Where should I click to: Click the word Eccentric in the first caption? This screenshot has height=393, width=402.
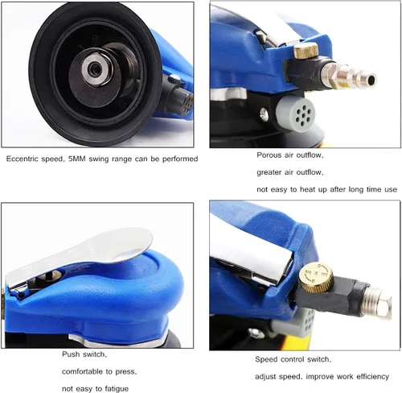point(23,159)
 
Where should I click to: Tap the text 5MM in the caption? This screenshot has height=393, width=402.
point(77,159)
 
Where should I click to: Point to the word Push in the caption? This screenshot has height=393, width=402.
point(71,354)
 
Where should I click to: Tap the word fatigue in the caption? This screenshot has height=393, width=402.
point(117,389)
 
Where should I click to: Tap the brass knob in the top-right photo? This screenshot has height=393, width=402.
point(306,51)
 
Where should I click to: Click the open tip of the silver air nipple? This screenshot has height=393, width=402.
point(371,80)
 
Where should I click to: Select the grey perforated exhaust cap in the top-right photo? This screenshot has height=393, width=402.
point(296,114)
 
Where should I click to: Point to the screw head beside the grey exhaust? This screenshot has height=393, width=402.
point(264,114)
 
